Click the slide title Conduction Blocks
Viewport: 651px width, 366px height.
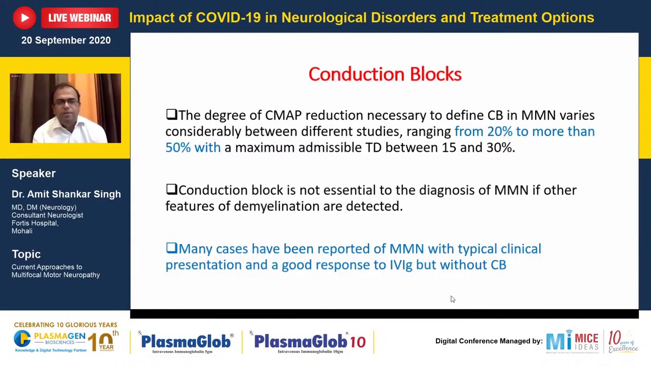(x=384, y=74)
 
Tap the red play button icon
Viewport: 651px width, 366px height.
(x=24, y=18)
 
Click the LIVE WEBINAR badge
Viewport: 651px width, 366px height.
(x=79, y=18)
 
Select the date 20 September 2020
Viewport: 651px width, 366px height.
(x=66, y=40)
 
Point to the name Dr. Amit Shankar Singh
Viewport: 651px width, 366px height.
(x=66, y=194)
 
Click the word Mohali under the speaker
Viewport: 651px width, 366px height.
(x=22, y=231)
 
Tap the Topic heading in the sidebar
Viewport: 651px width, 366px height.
(x=26, y=254)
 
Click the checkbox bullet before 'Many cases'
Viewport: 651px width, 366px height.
(x=171, y=248)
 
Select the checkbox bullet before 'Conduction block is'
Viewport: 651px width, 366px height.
(x=171, y=190)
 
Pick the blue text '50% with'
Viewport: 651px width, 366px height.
(x=193, y=147)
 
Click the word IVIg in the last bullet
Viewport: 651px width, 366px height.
(x=401, y=265)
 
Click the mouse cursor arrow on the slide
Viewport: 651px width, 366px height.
(x=453, y=299)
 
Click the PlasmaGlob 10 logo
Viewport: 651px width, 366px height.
(x=310, y=342)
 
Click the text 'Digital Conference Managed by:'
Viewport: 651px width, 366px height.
(x=489, y=341)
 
